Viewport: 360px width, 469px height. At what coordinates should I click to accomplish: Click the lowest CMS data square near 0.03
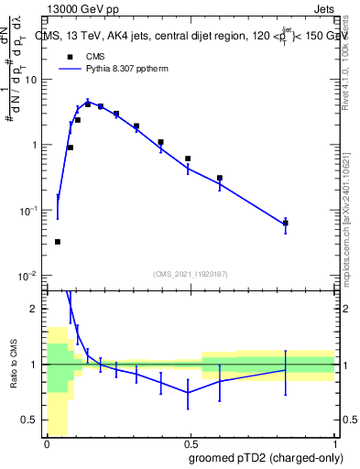coord(58,242)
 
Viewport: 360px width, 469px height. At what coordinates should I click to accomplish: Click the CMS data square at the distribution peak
coord(88,104)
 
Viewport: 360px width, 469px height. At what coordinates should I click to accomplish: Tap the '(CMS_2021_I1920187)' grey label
coord(190,272)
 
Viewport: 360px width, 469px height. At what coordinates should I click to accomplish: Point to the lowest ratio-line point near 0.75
coord(189,393)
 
